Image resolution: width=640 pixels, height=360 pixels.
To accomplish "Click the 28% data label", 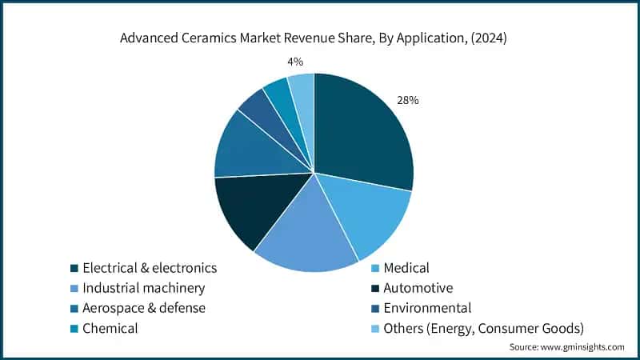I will click(408, 101).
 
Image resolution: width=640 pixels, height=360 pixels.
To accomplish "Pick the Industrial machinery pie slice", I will click(308, 240).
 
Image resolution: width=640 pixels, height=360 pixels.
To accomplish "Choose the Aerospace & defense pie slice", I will click(248, 148).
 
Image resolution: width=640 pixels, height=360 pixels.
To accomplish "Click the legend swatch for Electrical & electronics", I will click(74, 268).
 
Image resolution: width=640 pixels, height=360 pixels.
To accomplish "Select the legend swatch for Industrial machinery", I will click(74, 288).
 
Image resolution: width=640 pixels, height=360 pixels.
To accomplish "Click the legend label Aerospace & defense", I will click(144, 308).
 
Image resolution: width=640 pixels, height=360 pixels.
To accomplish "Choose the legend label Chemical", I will click(110, 328).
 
